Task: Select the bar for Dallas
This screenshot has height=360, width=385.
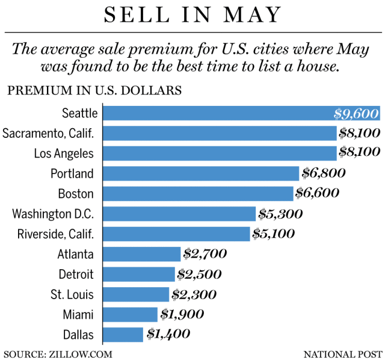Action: pos(123,334)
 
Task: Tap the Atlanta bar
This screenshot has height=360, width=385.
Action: pos(141,254)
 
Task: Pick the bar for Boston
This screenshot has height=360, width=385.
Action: pos(198,193)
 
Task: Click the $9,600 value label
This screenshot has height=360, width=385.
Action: pos(356,113)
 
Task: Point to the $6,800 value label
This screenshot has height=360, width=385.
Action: pos(324,173)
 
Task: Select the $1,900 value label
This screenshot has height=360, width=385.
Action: pos(182,314)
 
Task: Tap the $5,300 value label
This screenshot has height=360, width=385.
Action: pos(280,214)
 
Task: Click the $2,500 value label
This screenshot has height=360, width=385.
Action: pos(199,274)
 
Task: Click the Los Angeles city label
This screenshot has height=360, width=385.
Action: pos(64,154)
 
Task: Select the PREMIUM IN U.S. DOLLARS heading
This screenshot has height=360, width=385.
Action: pos(94,92)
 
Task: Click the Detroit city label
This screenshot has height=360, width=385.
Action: pos(76,274)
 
